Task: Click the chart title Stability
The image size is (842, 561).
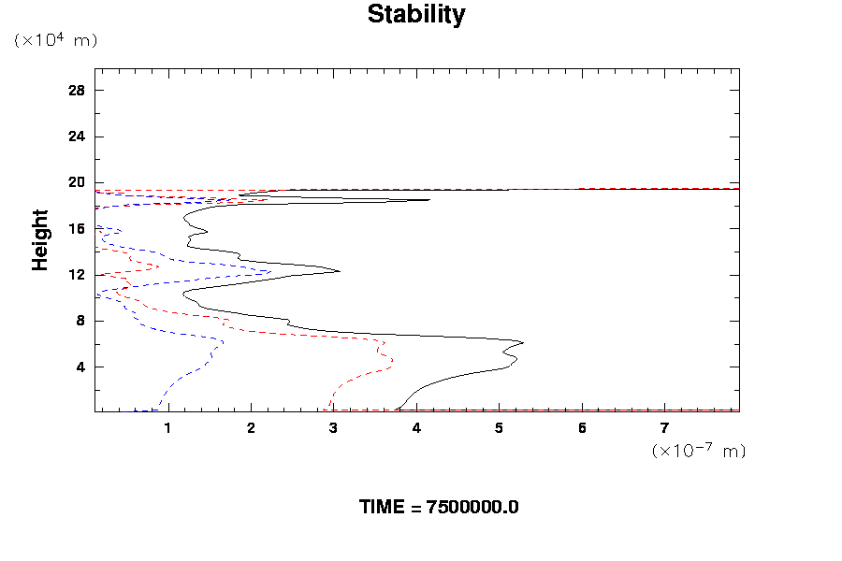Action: [x=415, y=15]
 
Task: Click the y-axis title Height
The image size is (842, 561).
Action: [x=40, y=240]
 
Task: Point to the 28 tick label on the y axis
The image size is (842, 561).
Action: [x=77, y=90]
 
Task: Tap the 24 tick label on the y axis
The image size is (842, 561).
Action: [x=77, y=137]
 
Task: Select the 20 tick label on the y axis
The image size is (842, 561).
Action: [x=77, y=182]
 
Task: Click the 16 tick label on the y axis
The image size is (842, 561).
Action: [x=77, y=228]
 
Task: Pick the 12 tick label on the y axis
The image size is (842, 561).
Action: [x=77, y=275]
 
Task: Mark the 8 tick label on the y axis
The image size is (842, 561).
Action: [x=80, y=321]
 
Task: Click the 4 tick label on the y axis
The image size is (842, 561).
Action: [x=80, y=367]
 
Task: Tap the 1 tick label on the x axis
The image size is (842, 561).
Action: [x=168, y=429]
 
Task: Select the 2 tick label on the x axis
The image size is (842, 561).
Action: [x=251, y=429]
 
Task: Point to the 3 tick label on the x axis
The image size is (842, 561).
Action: [x=334, y=429]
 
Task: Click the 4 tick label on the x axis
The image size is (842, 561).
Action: [x=416, y=429]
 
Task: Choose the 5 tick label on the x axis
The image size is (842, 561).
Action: [x=499, y=429]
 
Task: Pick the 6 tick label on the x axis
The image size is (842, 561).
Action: [x=582, y=429]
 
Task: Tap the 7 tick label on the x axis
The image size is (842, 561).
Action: [x=664, y=429]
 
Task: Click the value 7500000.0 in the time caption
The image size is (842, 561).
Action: [x=472, y=508]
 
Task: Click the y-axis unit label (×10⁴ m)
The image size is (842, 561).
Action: [x=55, y=40]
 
